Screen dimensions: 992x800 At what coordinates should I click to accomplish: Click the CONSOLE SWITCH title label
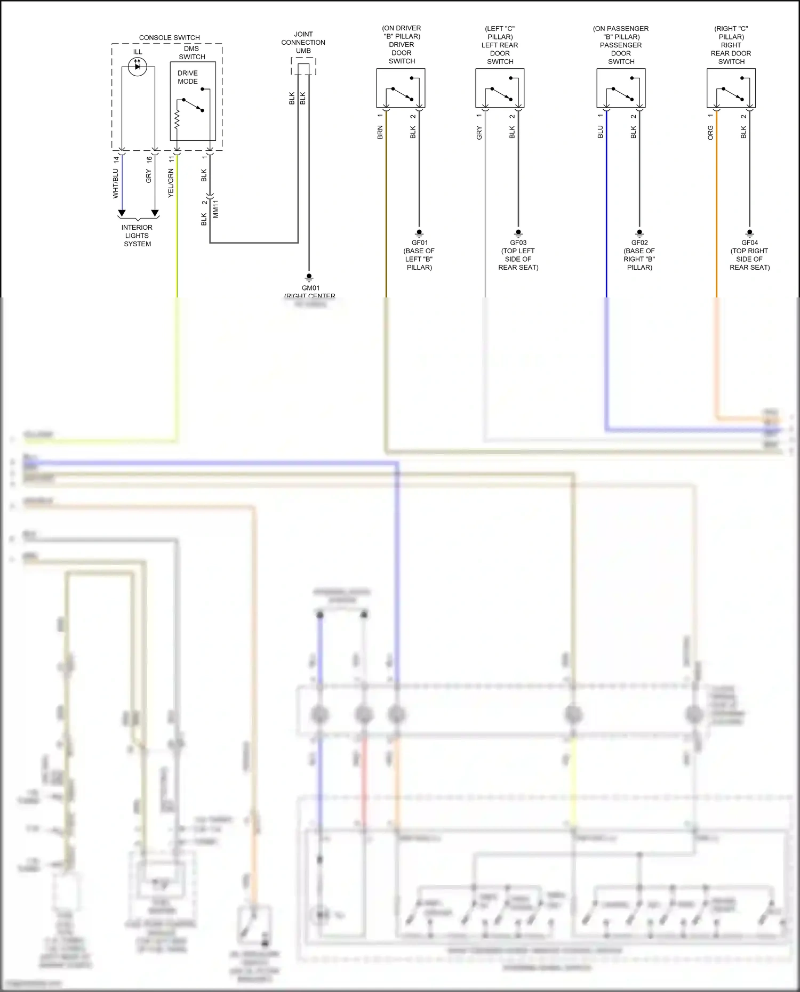[x=169, y=38]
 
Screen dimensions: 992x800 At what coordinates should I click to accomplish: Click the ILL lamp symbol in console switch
[x=137, y=67]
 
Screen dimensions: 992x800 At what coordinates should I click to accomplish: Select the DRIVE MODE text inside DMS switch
[x=187, y=77]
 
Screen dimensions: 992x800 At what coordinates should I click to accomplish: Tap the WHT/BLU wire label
[x=115, y=183]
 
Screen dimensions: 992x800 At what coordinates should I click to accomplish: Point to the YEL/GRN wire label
[x=171, y=183]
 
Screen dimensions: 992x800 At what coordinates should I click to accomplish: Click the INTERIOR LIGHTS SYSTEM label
[x=137, y=236]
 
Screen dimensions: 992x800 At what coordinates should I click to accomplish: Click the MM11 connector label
[x=215, y=209]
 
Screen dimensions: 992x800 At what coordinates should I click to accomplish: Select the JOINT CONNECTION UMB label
[x=303, y=43]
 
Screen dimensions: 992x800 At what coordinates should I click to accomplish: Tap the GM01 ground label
[x=310, y=288]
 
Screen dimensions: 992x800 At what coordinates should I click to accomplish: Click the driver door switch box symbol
[x=401, y=88]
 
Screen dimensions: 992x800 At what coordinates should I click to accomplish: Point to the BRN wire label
[x=380, y=132]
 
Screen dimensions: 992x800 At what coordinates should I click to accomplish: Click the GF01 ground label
[x=419, y=243]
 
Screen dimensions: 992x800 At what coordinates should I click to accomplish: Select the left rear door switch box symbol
[x=500, y=88]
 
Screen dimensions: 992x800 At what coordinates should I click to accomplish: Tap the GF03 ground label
[x=518, y=243]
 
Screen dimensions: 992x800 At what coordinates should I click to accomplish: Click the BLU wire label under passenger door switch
[x=600, y=132]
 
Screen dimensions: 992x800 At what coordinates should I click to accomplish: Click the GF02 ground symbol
[x=639, y=233]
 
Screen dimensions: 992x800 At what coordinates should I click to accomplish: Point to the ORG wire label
[x=710, y=133]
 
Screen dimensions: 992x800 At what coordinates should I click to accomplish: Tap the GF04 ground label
[x=749, y=243]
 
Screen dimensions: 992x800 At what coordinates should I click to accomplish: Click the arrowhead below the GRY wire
[x=155, y=213]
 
